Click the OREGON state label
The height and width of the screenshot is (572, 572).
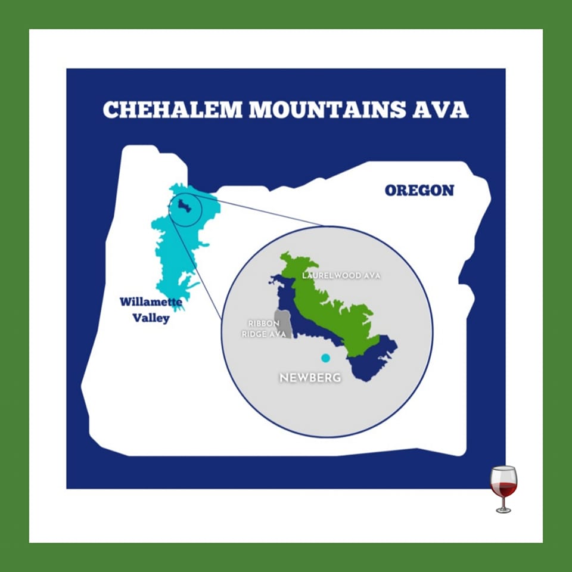click(419, 191)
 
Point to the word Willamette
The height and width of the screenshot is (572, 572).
click(151, 302)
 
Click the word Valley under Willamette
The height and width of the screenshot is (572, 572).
click(151, 318)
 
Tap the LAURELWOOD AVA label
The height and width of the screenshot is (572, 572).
click(341, 276)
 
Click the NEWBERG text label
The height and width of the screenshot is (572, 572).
click(310, 378)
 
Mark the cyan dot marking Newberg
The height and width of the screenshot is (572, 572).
click(325, 358)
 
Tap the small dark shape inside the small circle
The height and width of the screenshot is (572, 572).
click(185, 207)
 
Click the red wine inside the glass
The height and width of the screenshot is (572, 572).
click(504, 489)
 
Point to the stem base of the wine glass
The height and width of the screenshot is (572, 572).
click(504, 510)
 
